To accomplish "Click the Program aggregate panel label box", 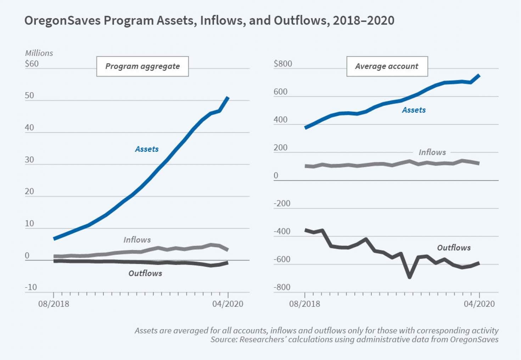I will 142,66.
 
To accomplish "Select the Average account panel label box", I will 387,66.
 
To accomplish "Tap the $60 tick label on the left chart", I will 32,64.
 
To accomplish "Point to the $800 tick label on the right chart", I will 283,64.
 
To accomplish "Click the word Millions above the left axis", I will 39,53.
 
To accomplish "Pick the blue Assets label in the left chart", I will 147,149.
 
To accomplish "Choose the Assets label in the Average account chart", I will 414,110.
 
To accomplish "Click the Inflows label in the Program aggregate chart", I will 137,240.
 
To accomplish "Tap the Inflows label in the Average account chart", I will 432,152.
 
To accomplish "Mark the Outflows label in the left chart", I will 145,273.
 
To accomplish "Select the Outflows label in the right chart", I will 454,248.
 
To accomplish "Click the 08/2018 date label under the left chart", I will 54,304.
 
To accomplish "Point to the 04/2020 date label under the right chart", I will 479,304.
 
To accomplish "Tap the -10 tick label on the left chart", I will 31,287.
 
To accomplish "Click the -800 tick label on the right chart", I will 282,287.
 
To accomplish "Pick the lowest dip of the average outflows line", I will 410,277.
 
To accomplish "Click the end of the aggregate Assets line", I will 228,98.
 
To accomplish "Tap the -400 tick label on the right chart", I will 282,232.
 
